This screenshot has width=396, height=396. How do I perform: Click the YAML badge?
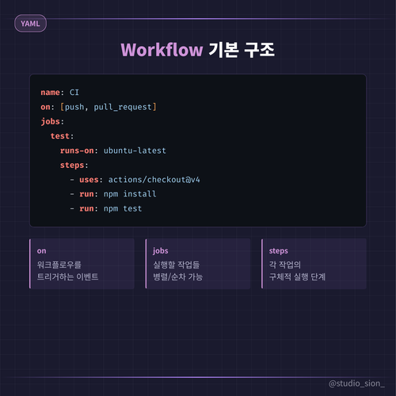[30, 24]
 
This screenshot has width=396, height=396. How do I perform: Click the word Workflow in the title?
[162, 50]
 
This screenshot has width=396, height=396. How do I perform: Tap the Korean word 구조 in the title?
[259, 50]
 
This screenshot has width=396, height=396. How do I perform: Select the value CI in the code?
[74, 93]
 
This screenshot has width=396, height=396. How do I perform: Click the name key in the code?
[50, 93]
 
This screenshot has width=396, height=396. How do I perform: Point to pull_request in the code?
[123, 107]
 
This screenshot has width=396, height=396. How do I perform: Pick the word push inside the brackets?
[74, 107]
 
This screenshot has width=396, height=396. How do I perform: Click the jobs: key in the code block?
[52, 121]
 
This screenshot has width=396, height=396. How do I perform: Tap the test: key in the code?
[62, 136]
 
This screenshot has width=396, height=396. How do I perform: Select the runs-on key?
[77, 150]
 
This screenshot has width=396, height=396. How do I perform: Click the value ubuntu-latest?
[135, 150]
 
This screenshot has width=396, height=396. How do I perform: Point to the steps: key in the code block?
[74, 166]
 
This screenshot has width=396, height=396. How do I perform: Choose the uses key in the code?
[89, 180]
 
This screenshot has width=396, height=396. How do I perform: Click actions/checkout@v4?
[154, 180]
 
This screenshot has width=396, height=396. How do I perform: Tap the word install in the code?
[139, 194]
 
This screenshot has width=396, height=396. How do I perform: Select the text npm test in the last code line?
[123, 208]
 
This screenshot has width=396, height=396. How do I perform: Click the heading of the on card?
[42, 251]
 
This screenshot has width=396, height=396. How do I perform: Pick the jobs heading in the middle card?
[161, 250]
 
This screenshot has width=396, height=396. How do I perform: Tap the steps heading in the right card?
[279, 251]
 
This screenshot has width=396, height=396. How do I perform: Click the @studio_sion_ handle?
[356, 383]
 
